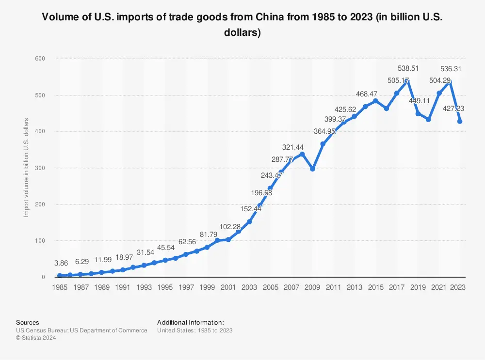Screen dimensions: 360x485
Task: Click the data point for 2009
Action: point(312,169)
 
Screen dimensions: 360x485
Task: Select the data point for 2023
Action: point(460,122)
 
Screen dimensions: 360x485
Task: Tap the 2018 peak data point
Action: point(407,81)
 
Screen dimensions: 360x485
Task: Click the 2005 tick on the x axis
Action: point(270,287)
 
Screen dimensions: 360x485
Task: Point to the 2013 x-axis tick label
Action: point(355,287)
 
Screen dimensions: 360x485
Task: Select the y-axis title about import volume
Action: point(26,168)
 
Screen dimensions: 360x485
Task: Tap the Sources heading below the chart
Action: point(28,322)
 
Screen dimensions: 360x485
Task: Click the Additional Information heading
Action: point(191,322)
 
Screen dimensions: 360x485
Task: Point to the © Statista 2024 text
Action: point(36,338)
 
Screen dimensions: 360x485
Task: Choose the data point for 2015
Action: point(376,101)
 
